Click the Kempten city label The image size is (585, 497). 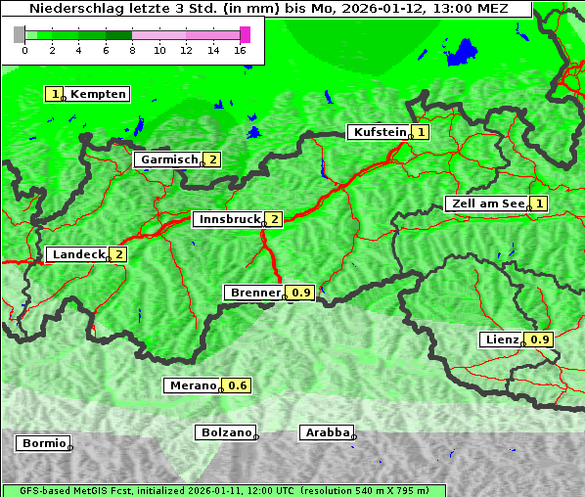coord(98,94)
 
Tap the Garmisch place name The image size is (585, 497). coord(168,159)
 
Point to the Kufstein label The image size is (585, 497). coord(379,132)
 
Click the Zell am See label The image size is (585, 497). coord(486,203)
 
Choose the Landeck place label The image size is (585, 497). coord(78,254)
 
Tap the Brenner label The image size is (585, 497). coord(254,293)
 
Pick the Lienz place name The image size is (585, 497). coord(502,339)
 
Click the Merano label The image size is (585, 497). coord(192,385)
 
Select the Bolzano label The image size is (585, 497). coord(226,431)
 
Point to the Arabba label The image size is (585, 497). coord(327,431)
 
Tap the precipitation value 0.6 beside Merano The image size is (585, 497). coord(238,385)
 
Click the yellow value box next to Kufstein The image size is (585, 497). coord(421,132)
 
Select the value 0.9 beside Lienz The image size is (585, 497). coord(540,339)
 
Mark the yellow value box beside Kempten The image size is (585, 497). coord(54,94)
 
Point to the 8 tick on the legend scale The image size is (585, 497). coord(132,50)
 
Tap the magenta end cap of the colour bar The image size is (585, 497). coord(245,34)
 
